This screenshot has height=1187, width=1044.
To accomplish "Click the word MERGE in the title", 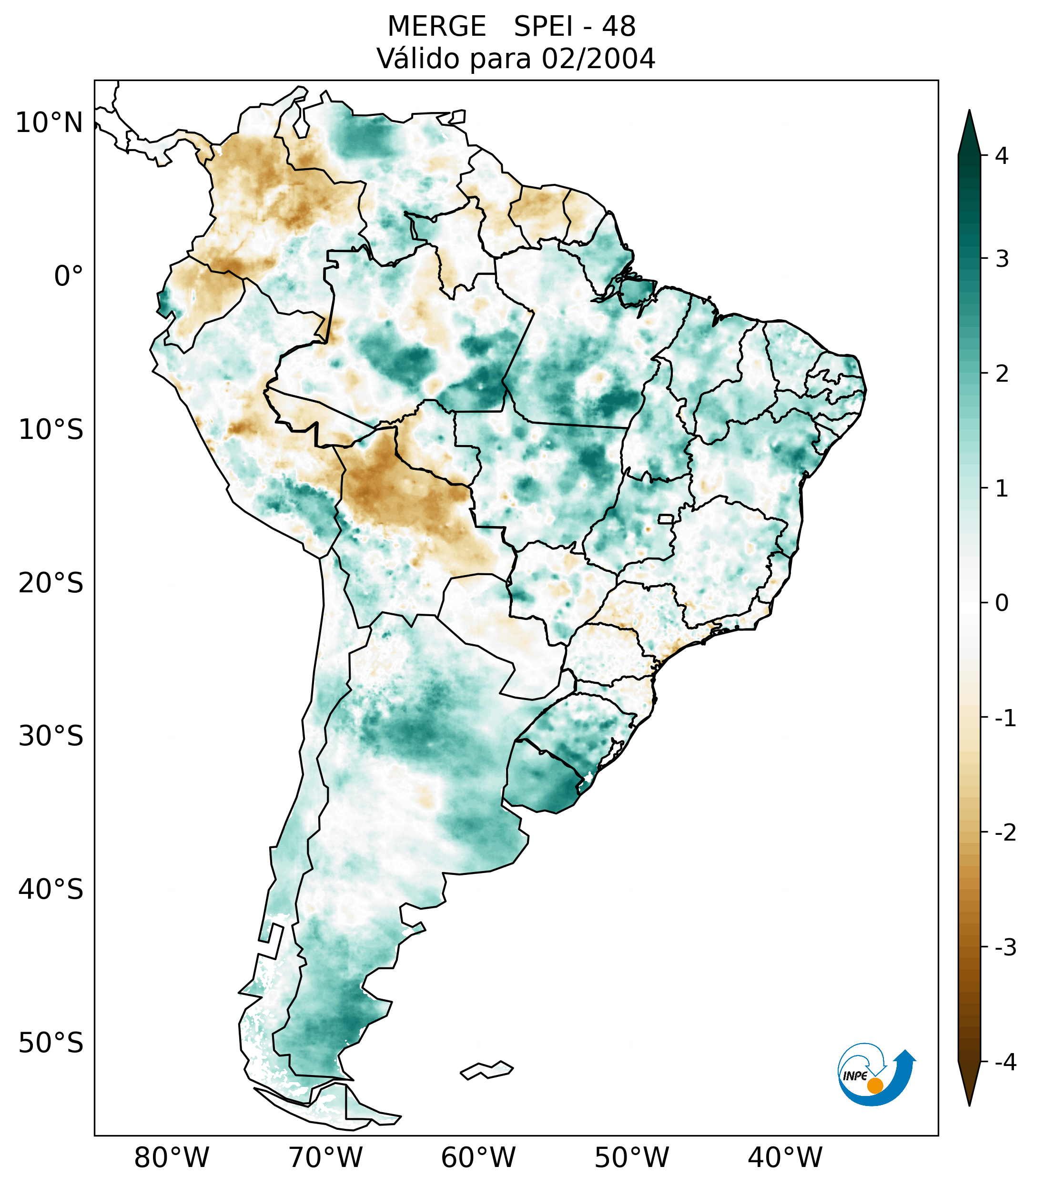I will [436, 27].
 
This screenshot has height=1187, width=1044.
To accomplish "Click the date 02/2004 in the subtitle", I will [598, 59].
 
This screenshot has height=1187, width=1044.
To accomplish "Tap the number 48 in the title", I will [618, 27].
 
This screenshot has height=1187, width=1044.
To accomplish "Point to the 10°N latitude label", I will [50, 123].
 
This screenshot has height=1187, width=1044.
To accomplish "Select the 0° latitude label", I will [69, 276].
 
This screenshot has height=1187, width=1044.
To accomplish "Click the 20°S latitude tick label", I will [51, 583].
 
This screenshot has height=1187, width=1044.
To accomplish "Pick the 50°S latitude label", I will [51, 1044].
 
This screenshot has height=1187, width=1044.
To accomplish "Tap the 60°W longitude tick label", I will [478, 1158].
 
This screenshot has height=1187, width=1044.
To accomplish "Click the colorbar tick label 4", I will [1002, 156].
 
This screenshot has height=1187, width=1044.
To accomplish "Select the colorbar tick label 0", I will [1002, 603].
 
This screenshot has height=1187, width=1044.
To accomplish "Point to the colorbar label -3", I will [1005, 947].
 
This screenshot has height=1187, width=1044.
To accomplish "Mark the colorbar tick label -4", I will [1005, 1062].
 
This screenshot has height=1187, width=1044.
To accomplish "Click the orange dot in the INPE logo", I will [874, 1085].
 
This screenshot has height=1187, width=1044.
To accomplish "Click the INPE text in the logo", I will [855, 1076].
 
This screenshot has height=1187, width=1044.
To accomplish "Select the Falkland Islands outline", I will [487, 1070].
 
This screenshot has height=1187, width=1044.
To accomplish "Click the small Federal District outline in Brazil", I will [666, 518].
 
